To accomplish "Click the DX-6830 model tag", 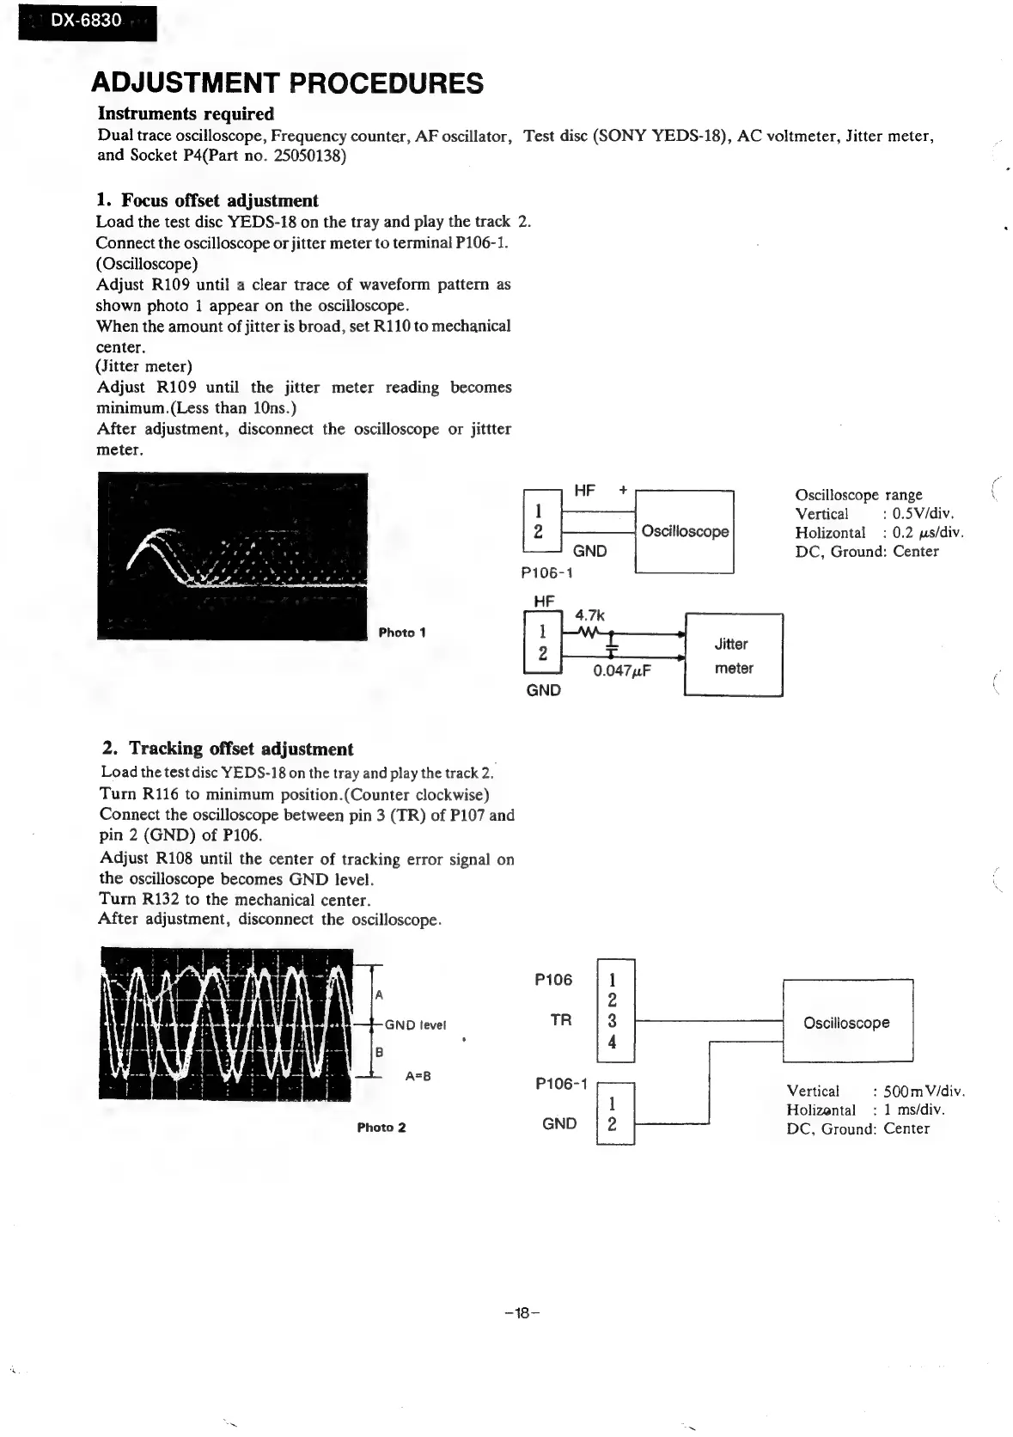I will click(x=86, y=21).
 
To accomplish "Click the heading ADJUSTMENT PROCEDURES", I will click(x=288, y=83).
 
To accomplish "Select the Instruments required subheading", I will click(x=186, y=113).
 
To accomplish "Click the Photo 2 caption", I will click(x=381, y=1127).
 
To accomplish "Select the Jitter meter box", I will click(x=733, y=655).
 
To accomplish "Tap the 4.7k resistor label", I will click(x=589, y=615).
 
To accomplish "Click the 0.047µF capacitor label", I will click(x=623, y=670).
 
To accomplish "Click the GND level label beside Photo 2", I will click(x=415, y=1024).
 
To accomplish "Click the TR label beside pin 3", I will click(x=560, y=1020).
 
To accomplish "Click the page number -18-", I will click(x=522, y=1312).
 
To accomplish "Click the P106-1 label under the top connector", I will click(x=547, y=573).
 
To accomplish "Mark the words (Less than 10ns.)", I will click(x=226, y=408).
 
